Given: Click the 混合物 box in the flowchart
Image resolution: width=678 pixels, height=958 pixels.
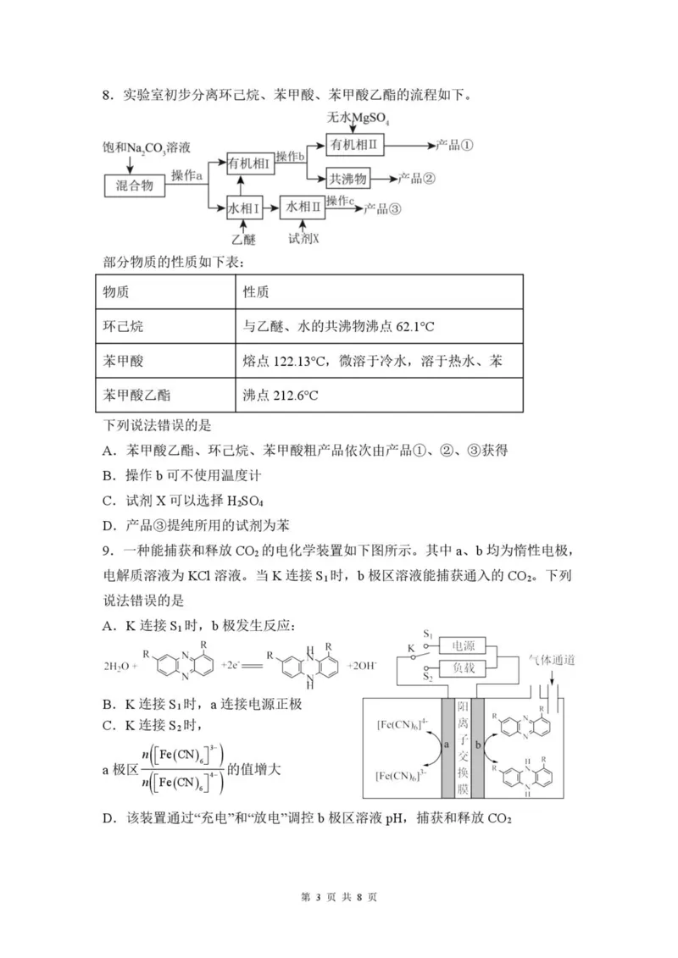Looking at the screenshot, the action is (135, 186).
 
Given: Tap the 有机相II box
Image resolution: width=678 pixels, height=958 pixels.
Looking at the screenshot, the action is (357, 146).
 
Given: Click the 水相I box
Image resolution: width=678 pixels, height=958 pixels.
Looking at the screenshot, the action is (242, 207).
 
